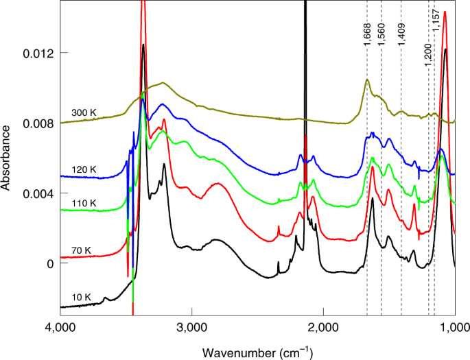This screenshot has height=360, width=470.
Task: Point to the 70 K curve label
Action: (x=80, y=250)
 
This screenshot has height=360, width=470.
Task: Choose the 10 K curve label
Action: (x=80, y=296)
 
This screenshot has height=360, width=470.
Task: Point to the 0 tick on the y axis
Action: (x=48, y=263)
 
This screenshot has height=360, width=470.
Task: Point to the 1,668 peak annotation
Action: (x=368, y=32)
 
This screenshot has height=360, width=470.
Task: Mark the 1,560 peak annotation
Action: (x=383, y=32)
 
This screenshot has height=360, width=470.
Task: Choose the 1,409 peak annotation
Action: (x=402, y=32)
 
